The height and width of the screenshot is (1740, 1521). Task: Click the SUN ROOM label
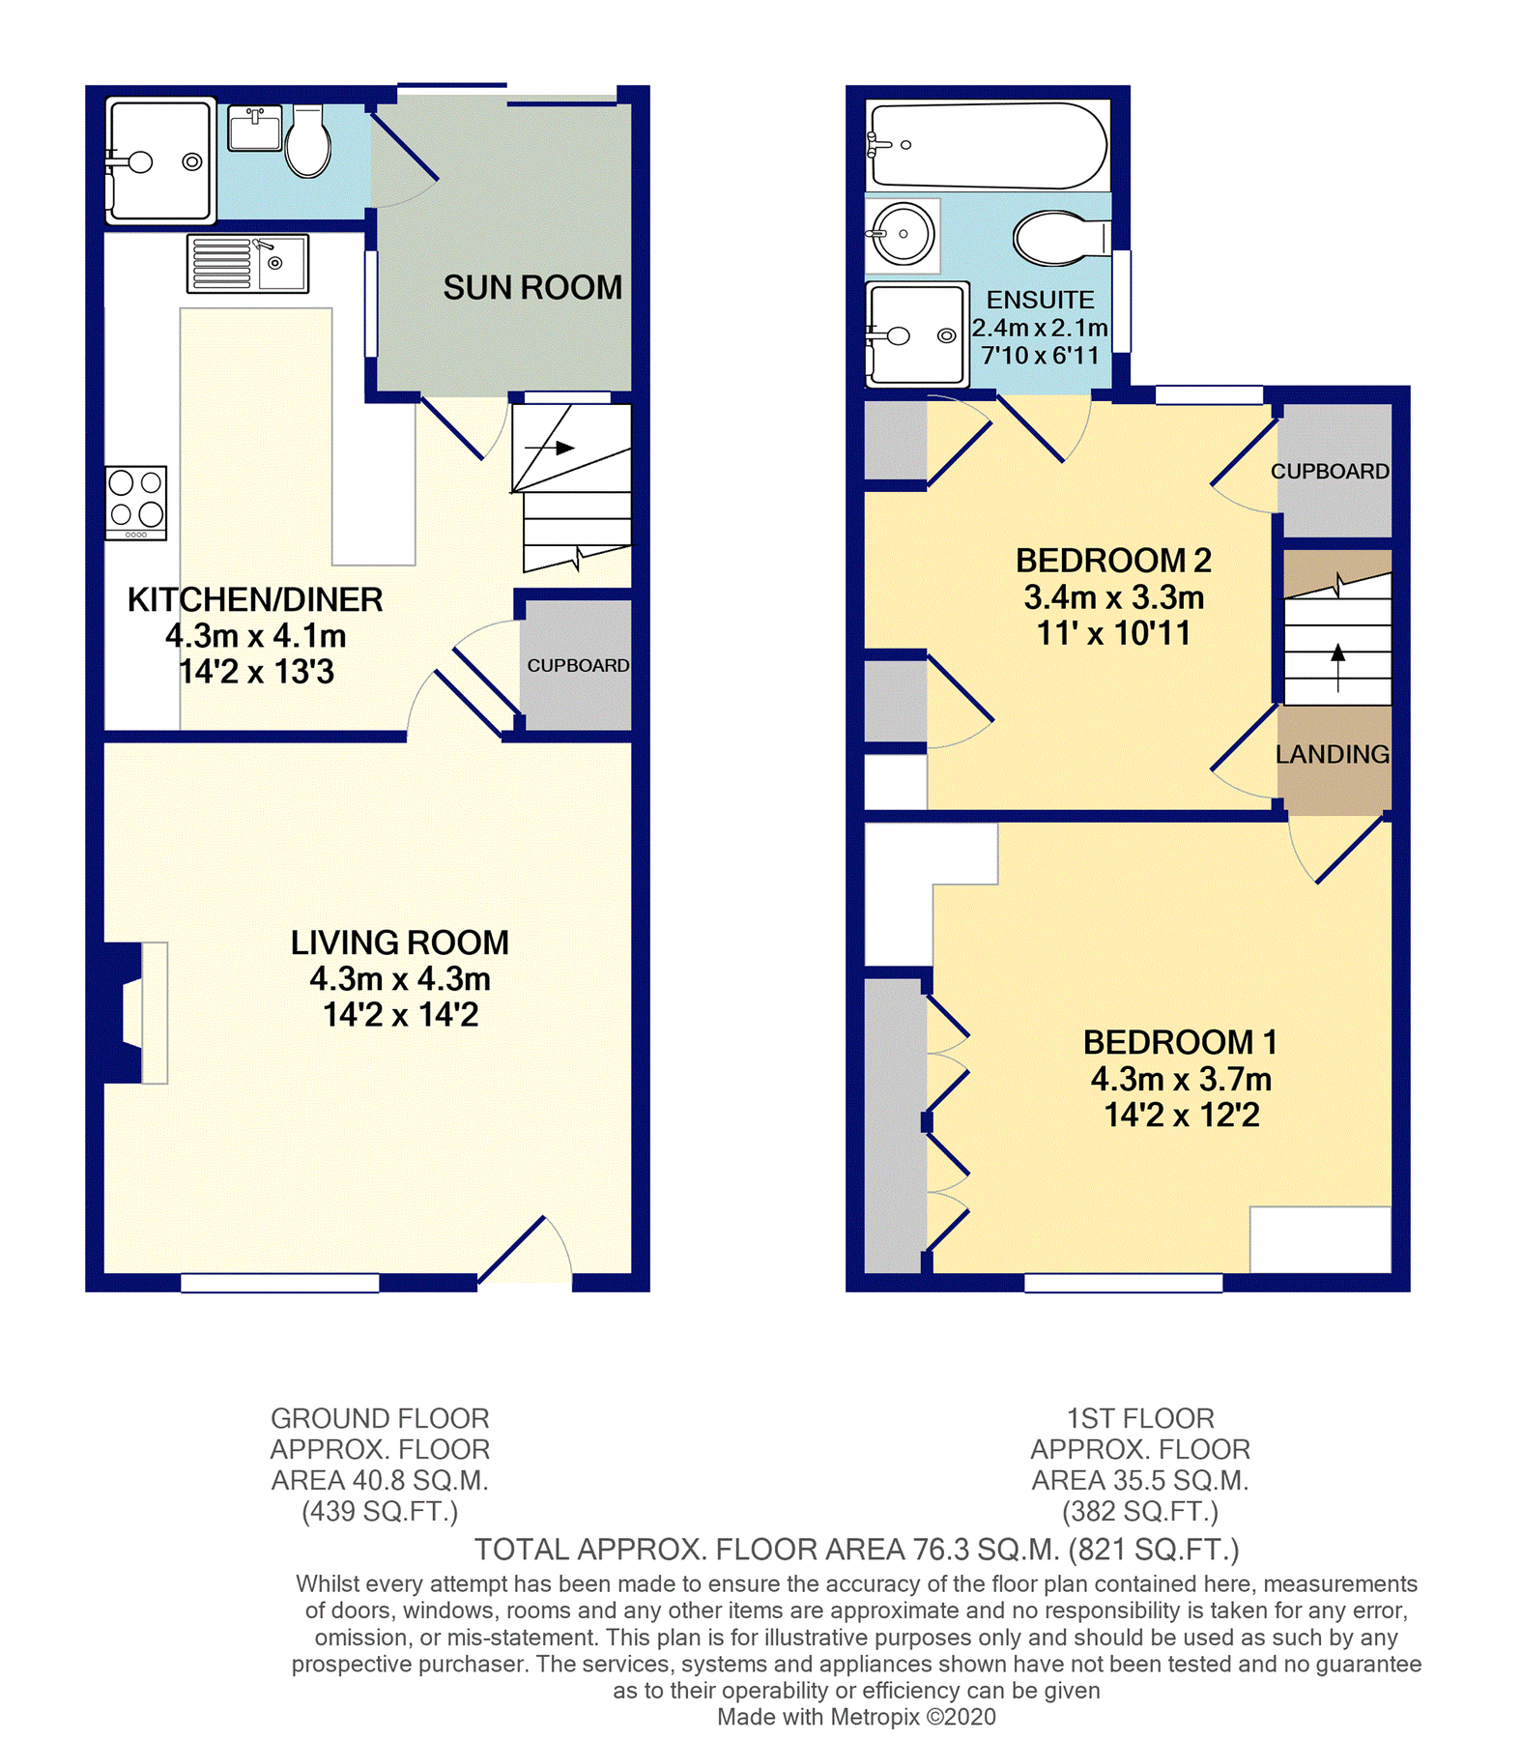(531, 287)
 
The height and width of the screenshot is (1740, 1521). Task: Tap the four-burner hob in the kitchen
(136, 503)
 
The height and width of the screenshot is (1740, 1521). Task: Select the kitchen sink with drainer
(247, 263)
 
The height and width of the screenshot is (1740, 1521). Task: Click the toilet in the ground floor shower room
(308, 143)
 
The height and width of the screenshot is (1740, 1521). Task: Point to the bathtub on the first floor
(988, 146)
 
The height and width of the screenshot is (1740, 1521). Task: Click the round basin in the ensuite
(902, 234)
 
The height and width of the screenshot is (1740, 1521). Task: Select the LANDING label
(1332, 754)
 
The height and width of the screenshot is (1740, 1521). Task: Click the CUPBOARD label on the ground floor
(577, 665)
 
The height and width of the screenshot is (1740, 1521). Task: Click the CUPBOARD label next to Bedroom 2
(1330, 471)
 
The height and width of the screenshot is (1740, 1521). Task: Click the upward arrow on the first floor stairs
(1337, 665)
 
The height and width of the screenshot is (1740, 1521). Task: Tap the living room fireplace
(136, 1012)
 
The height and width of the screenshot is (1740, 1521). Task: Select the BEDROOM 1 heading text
(1179, 1042)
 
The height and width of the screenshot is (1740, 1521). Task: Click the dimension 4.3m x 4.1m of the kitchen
(255, 636)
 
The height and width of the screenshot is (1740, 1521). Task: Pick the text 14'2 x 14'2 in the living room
(400, 1015)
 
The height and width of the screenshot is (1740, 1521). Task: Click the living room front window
(280, 1283)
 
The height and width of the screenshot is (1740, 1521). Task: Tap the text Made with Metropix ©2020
(855, 1717)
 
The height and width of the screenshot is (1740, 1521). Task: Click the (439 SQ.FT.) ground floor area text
(380, 1511)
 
